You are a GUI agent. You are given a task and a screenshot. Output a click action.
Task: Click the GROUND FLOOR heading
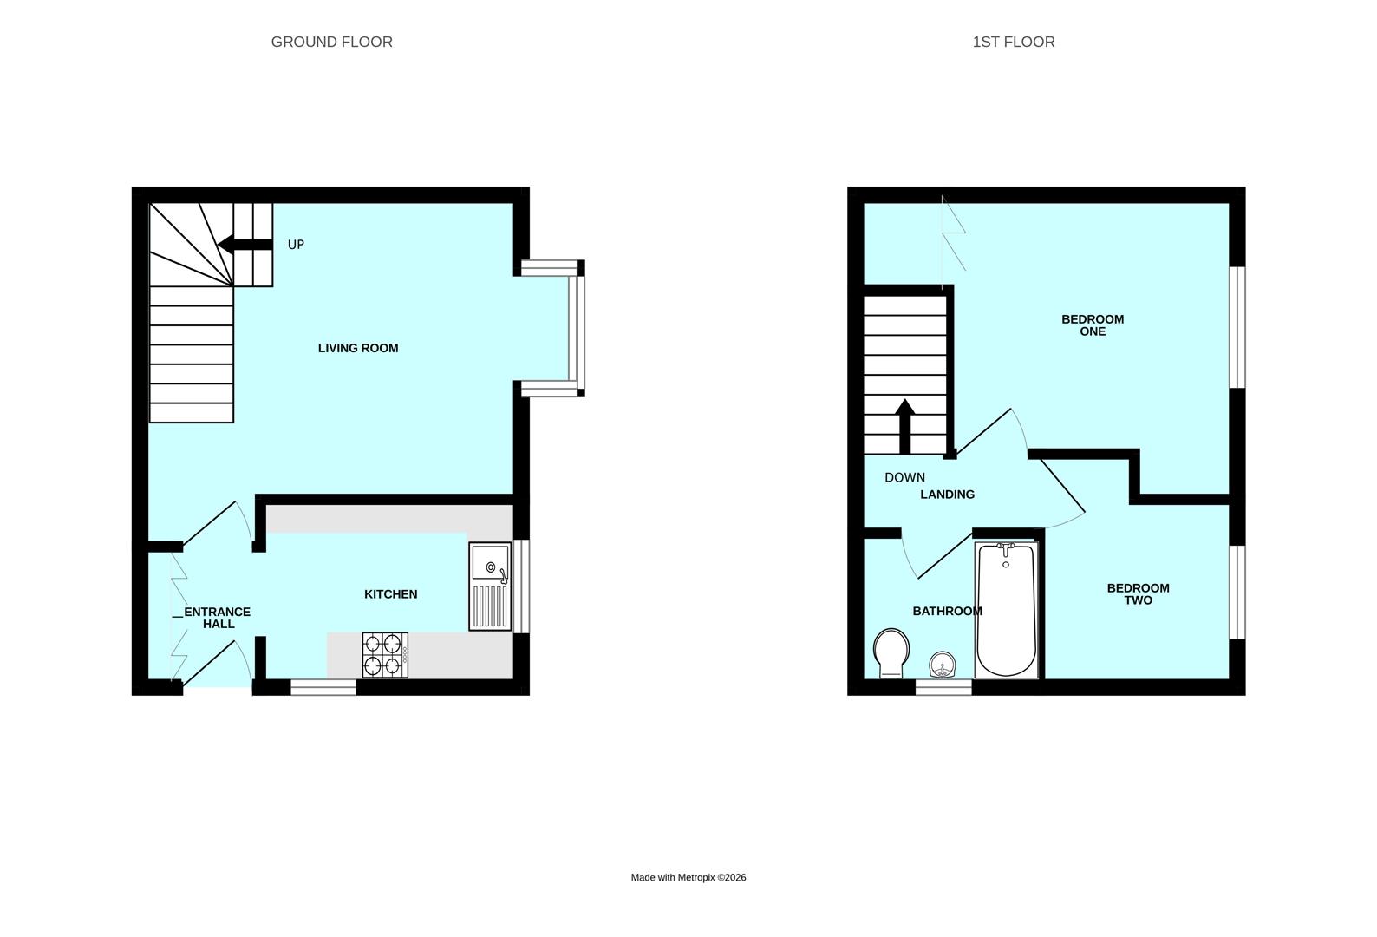click(x=331, y=42)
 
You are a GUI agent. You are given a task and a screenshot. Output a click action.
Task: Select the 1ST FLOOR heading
click(x=1013, y=42)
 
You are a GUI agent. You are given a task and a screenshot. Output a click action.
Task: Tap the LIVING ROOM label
click(x=358, y=348)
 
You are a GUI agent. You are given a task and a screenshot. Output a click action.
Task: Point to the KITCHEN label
click(x=390, y=594)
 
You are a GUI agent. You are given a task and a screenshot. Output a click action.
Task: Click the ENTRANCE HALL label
click(x=218, y=618)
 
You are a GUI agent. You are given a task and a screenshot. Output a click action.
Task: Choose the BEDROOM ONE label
click(x=1093, y=324)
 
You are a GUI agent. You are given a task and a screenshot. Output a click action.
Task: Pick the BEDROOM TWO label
click(x=1138, y=593)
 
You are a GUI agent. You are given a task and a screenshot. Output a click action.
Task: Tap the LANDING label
click(x=947, y=495)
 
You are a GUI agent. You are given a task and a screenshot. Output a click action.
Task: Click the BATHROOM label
click(x=947, y=612)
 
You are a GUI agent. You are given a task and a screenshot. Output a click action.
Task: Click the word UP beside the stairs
click(x=296, y=245)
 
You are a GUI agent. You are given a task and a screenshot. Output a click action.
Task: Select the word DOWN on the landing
click(x=904, y=477)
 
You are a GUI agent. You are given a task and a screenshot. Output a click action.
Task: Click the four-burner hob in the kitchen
click(x=385, y=655)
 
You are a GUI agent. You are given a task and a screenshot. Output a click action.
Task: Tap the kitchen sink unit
click(x=490, y=586)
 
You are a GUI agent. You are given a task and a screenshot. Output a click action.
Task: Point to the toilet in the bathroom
click(x=891, y=653)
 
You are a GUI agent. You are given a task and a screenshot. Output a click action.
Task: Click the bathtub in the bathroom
click(x=1007, y=610)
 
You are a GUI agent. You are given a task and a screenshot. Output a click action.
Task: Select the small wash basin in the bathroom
click(x=943, y=665)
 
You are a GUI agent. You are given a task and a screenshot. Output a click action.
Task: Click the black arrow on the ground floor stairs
click(x=245, y=245)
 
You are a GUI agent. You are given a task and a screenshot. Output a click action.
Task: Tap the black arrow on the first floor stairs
click(x=905, y=426)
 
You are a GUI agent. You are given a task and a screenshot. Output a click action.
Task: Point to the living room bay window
click(x=552, y=328)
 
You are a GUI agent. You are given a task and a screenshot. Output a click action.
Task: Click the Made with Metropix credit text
click(x=688, y=877)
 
